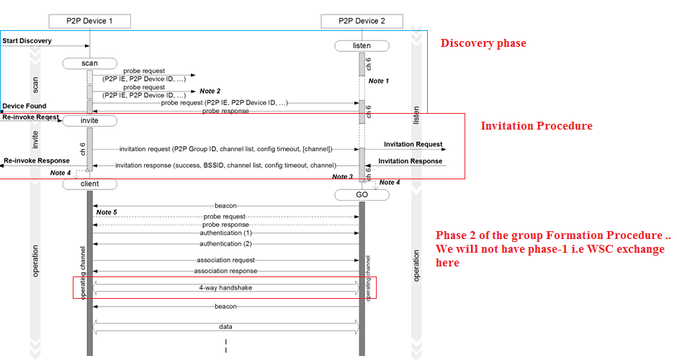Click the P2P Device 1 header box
(90, 21)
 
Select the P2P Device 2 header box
(362, 21)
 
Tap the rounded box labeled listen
(362, 46)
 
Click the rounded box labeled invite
(89, 121)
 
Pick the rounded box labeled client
(89, 184)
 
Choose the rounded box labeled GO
(362, 195)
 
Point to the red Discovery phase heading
(483, 43)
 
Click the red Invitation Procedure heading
(537, 126)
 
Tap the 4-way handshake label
(225, 288)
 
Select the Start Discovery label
(27, 41)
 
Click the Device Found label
(24, 106)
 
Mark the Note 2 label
(210, 91)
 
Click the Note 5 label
(106, 212)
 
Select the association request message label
(225, 260)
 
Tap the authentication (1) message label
(225, 233)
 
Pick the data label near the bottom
(225, 326)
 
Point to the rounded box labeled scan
(89, 63)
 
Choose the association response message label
(225, 271)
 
